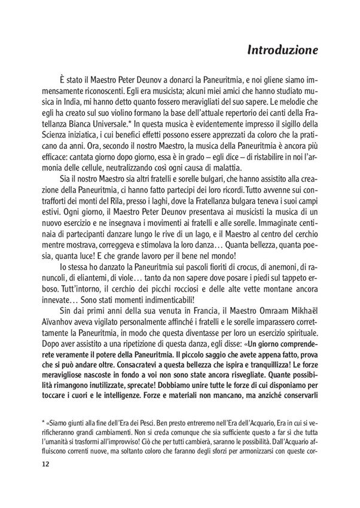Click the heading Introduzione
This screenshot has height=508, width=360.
(284, 53)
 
